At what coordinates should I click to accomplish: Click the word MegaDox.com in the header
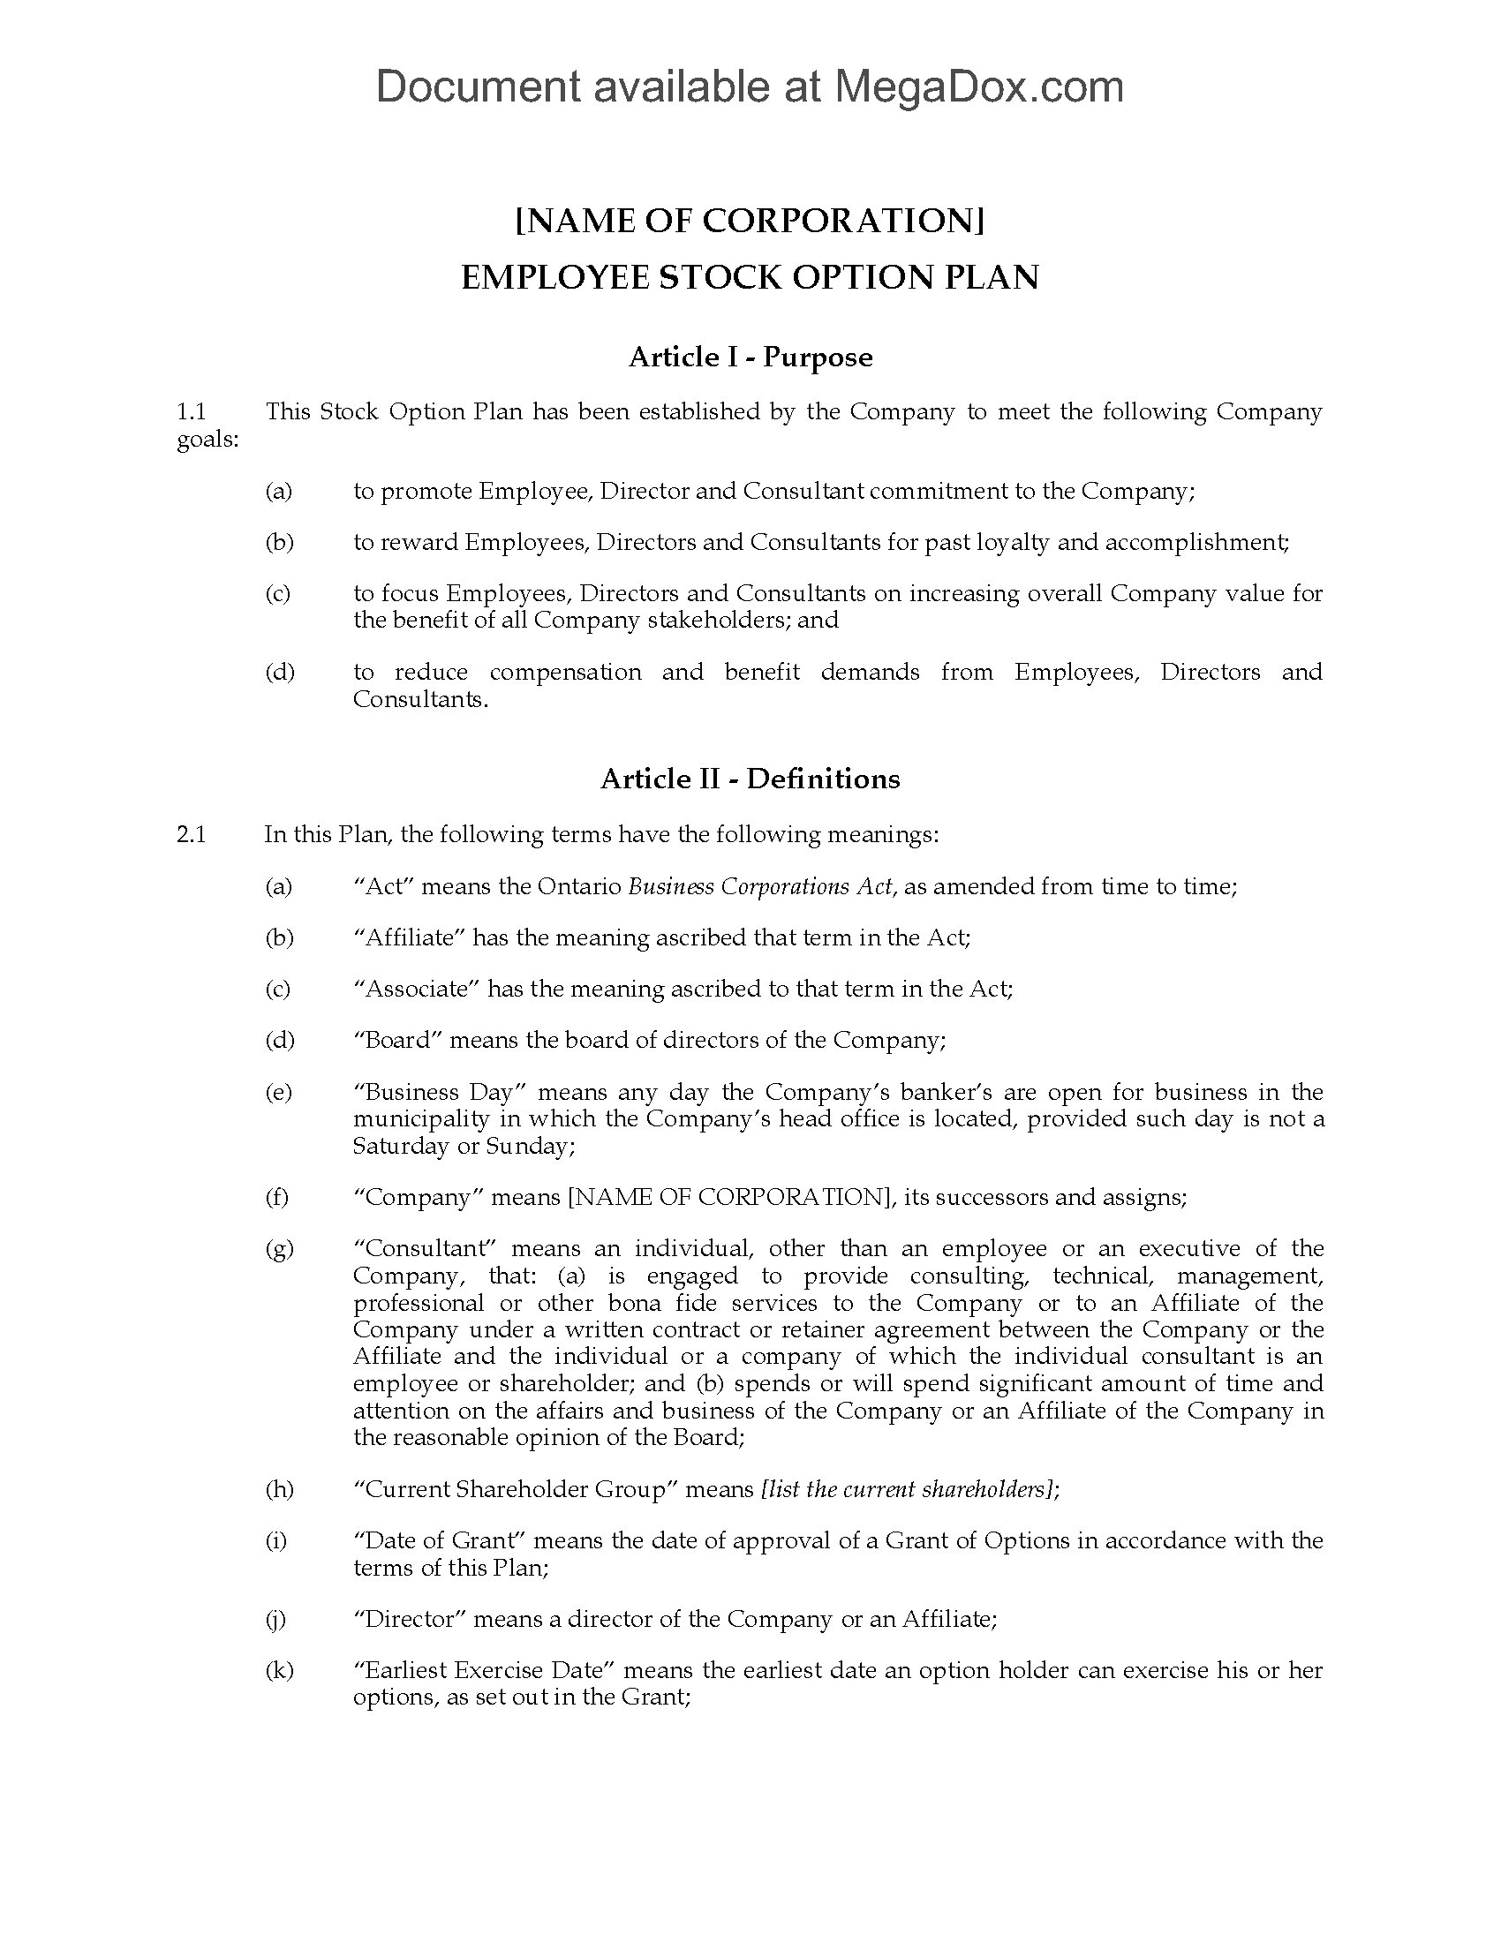pos(977,87)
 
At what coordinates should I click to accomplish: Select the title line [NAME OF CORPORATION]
pos(750,221)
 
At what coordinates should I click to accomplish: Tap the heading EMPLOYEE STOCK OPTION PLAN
pos(750,277)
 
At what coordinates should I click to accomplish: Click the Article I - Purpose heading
pos(750,358)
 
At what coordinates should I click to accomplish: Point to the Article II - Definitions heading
pos(750,779)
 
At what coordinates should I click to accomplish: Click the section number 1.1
pos(192,411)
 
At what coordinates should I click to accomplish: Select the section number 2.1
pos(192,834)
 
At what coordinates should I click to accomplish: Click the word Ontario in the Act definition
pos(579,886)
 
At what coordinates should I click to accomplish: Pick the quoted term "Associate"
pos(417,989)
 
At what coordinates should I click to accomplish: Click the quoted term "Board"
pos(397,1040)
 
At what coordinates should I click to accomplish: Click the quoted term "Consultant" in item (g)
pos(421,1248)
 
